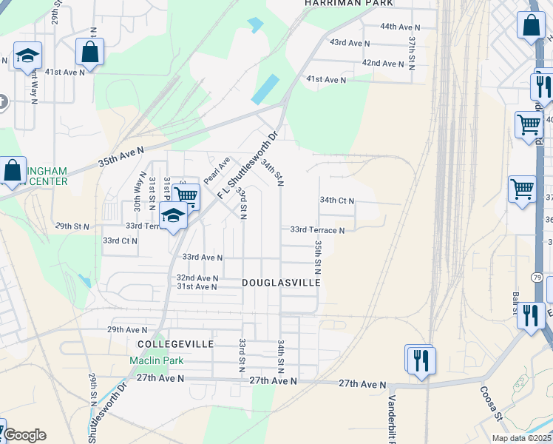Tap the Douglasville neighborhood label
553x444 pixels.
point(281,283)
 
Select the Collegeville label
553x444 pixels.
point(175,344)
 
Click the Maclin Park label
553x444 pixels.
point(151,360)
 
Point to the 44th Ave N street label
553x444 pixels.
point(400,27)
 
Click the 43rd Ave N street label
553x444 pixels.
point(350,43)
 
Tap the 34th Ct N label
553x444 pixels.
point(337,201)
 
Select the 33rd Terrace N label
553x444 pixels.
point(317,230)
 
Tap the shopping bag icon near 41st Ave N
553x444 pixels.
point(89,52)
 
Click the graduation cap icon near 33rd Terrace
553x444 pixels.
point(174,216)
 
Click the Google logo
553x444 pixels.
point(24,435)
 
